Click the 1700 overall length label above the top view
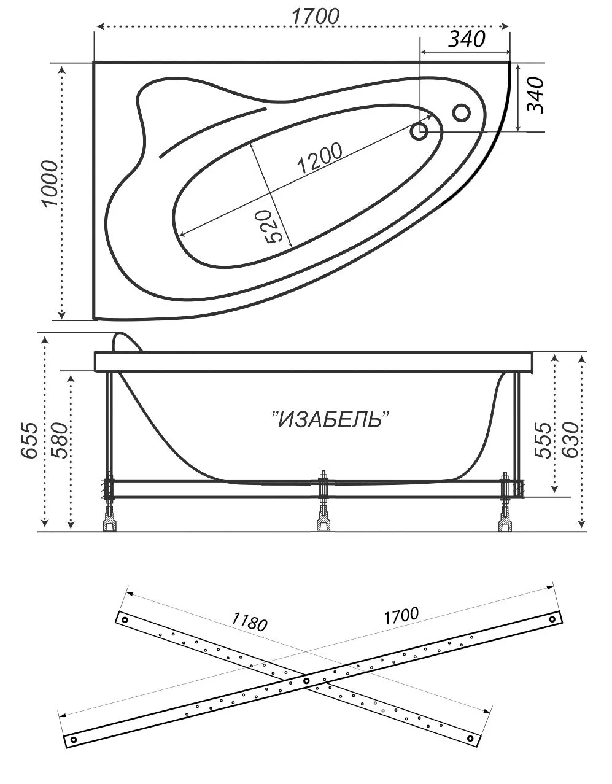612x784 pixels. pyautogui.click(x=315, y=17)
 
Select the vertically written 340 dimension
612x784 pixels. pyautogui.click(x=535, y=95)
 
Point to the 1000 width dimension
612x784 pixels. pyautogui.click(x=50, y=184)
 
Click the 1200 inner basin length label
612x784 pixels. pyautogui.click(x=320, y=159)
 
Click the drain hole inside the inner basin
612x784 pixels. pyautogui.click(x=419, y=131)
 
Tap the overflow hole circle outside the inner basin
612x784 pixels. pyautogui.click(x=461, y=113)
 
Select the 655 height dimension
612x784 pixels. pyautogui.click(x=29, y=440)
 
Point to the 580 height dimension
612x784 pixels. pyautogui.click(x=59, y=440)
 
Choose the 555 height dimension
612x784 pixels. pyautogui.click(x=543, y=440)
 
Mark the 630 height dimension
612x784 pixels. pyautogui.click(x=570, y=440)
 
